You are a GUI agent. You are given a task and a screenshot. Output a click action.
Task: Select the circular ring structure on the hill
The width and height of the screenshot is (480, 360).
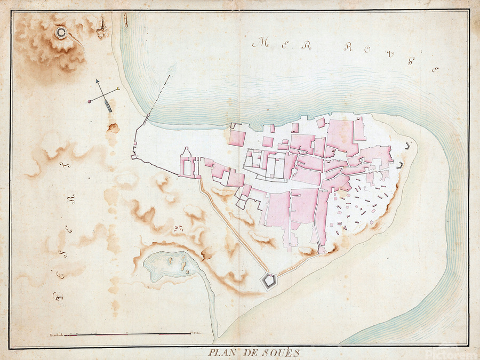tap(61, 33)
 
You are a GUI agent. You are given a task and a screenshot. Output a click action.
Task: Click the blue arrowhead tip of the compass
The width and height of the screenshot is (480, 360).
tap(98, 81)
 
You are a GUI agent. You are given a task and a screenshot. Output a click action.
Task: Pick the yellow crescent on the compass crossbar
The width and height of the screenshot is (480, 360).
tap(117, 89)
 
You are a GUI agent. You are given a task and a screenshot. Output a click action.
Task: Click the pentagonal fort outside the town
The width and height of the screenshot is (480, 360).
tap(268, 280)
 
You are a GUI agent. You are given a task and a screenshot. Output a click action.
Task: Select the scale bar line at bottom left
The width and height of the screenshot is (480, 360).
tap(128, 334)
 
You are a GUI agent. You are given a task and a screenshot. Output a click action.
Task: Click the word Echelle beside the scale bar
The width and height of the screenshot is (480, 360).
tap(56, 334)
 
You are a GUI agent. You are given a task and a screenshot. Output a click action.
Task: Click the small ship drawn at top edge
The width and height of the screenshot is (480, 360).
tap(126, 20)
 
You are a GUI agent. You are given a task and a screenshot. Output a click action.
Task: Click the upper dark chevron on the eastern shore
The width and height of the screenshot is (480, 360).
tap(409, 145)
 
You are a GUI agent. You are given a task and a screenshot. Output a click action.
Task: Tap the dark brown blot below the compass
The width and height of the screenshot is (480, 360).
tap(113, 128)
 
